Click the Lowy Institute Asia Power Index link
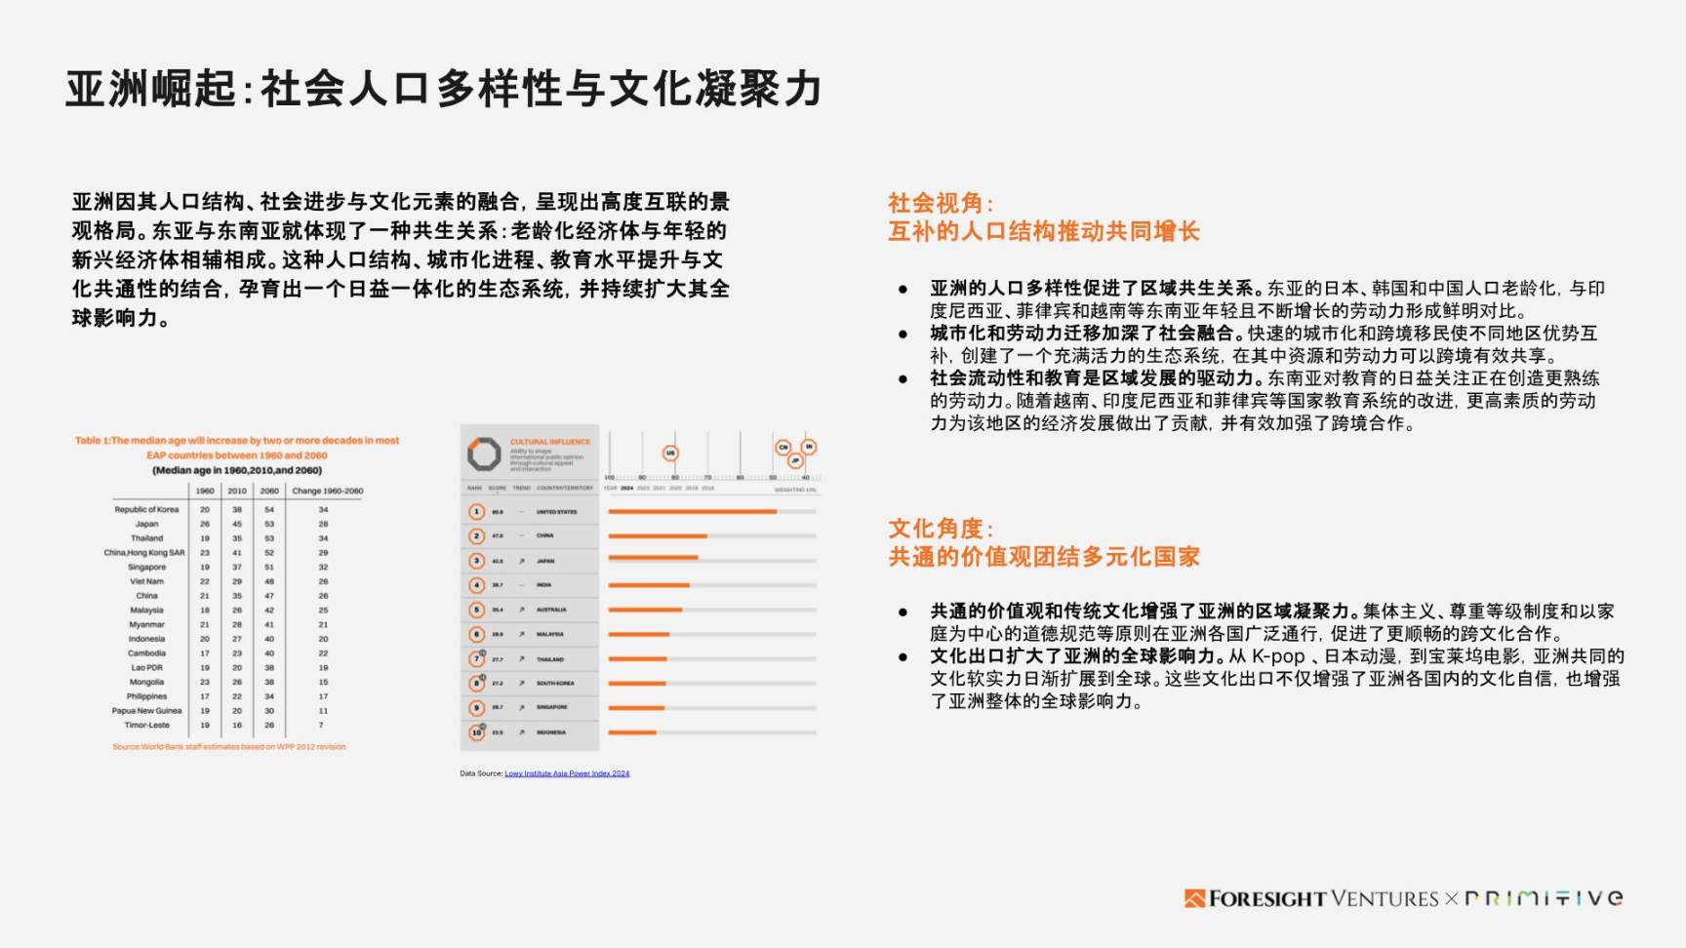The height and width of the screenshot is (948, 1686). (567, 773)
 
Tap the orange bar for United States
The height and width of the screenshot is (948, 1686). (692, 511)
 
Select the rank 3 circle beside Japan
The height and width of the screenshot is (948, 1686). (476, 561)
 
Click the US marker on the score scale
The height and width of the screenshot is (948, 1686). (670, 453)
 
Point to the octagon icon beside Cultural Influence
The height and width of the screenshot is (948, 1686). (483, 454)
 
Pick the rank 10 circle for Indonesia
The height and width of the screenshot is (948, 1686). (476, 732)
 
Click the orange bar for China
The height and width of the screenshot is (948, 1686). (657, 535)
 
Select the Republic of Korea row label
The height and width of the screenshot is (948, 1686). (146, 509)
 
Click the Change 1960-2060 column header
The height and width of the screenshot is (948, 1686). (327, 491)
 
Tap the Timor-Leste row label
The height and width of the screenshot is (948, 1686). (146, 725)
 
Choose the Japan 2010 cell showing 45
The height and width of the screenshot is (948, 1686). (236, 524)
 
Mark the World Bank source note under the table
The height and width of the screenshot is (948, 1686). (228, 747)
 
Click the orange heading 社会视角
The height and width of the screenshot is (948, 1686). (940, 203)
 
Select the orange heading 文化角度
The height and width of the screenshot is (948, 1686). (940, 529)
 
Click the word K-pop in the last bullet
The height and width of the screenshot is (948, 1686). (1278, 656)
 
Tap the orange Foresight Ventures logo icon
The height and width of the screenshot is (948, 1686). (1194, 898)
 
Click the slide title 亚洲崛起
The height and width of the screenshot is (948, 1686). (150, 89)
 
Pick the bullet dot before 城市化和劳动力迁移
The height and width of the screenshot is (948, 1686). (903, 335)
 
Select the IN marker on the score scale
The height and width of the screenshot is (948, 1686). (808, 447)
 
